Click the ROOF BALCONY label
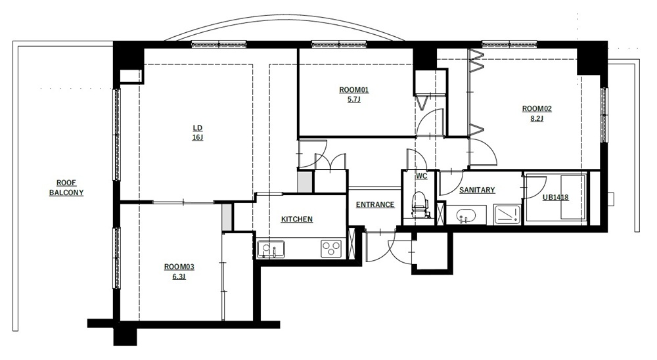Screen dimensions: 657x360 66,188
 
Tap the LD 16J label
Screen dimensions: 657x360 197,133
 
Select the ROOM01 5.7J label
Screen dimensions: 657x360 353,95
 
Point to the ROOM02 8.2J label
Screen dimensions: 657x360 537,113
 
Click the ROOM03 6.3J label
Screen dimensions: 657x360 179,271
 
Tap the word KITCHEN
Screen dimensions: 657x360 297,219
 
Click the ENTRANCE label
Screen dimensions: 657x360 375,204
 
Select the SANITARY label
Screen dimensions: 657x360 477,190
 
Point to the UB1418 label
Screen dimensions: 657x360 556,197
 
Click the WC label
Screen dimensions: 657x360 422,176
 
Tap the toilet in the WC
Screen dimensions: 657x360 420,205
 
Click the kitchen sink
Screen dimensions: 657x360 271,249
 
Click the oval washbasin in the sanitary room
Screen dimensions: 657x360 466,215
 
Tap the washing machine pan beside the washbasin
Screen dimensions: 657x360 507,215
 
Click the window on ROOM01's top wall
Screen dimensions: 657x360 338,43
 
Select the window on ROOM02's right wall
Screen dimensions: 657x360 604,115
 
